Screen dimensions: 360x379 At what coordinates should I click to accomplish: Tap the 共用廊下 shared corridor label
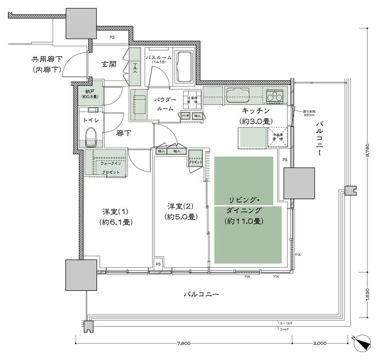coord(47,64)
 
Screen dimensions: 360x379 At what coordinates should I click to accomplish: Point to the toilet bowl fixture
coord(91,136)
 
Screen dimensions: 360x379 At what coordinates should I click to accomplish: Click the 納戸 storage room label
coord(90,93)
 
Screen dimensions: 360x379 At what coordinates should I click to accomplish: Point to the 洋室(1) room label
coord(114,216)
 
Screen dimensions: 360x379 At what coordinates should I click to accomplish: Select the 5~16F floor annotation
coord(285,323)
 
